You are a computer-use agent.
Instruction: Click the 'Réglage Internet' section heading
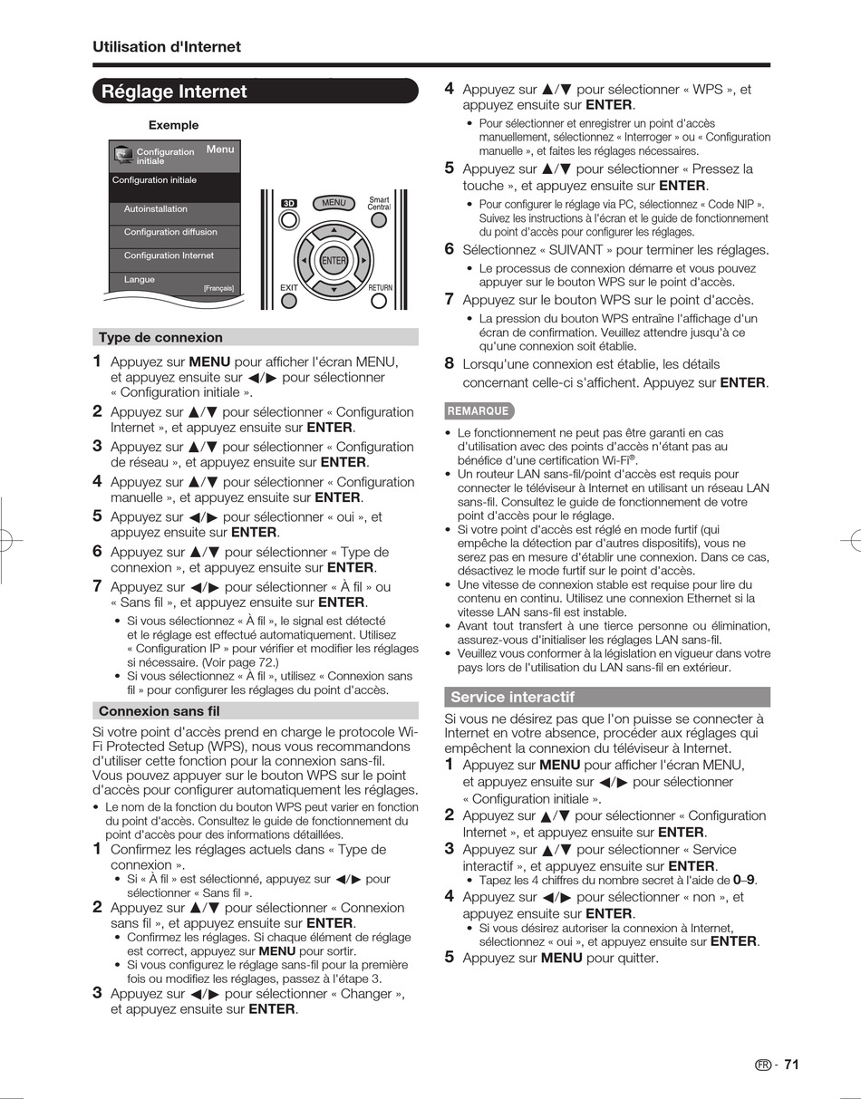point(174,92)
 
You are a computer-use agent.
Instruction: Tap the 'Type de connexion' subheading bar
point(160,338)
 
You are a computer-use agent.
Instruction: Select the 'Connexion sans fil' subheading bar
point(160,711)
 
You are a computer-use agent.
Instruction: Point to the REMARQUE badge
point(479,411)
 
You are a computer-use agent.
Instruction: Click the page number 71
point(791,1065)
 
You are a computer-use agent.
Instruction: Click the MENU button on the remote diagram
point(334,203)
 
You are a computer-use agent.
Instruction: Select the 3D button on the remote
point(289,204)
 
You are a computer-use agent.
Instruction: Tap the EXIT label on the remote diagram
point(289,288)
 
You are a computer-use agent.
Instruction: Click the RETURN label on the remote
point(381,288)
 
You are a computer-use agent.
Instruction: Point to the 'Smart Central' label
point(379,203)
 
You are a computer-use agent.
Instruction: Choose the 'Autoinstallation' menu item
point(156,209)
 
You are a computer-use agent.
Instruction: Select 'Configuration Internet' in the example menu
point(169,255)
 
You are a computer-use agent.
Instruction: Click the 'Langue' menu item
point(140,280)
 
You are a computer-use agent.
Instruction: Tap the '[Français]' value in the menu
point(218,288)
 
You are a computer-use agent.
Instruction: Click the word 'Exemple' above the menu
point(173,125)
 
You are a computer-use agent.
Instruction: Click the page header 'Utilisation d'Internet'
point(167,47)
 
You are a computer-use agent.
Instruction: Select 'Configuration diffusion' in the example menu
point(170,232)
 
